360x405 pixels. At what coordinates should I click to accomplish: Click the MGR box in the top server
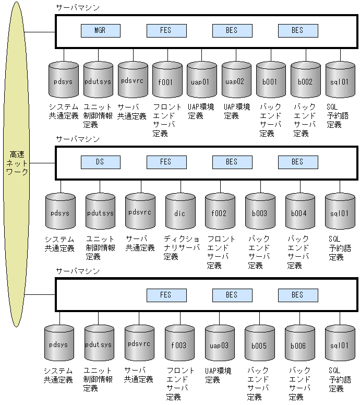[x=100, y=31]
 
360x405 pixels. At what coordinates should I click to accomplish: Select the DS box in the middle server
[x=100, y=162]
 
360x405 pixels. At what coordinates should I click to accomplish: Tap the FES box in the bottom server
[x=166, y=295]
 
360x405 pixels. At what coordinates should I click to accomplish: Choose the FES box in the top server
[x=166, y=31]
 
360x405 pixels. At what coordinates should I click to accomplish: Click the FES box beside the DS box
[x=166, y=162]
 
